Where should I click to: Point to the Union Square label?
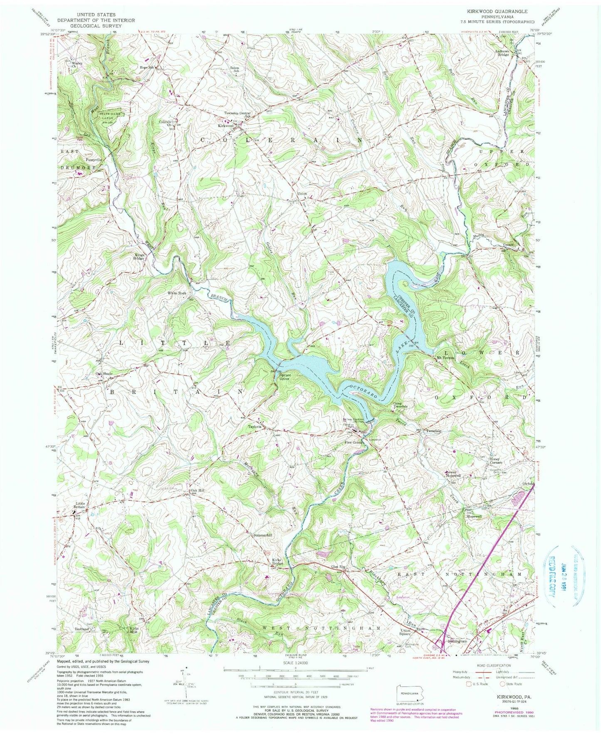408,632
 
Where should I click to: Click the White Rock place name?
177,293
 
